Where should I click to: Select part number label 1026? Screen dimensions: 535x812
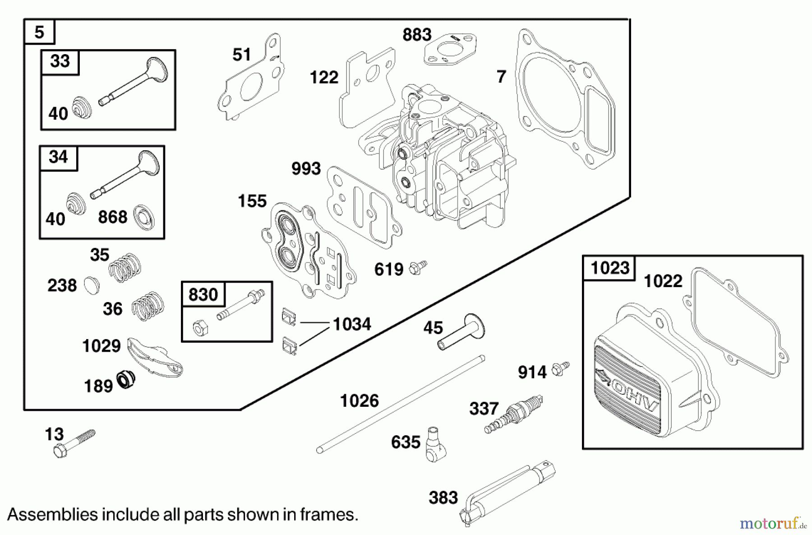pos(359,401)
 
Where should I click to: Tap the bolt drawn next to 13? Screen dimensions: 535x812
pos(74,443)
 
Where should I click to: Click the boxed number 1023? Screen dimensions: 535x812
pos(609,268)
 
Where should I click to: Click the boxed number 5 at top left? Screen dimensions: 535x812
pos(39,33)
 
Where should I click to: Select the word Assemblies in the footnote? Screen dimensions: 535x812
pos(52,515)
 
